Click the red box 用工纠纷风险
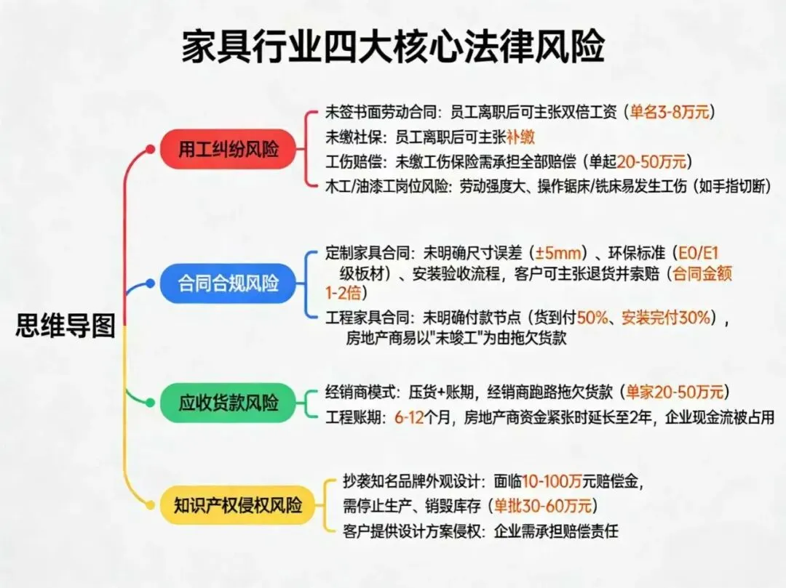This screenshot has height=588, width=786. click(229, 150)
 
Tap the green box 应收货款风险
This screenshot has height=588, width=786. click(229, 402)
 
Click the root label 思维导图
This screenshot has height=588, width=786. click(65, 326)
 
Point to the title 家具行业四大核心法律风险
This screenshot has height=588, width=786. click(392, 49)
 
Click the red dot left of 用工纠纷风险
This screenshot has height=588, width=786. click(151, 149)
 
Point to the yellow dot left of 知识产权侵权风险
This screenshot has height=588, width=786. click(151, 504)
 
